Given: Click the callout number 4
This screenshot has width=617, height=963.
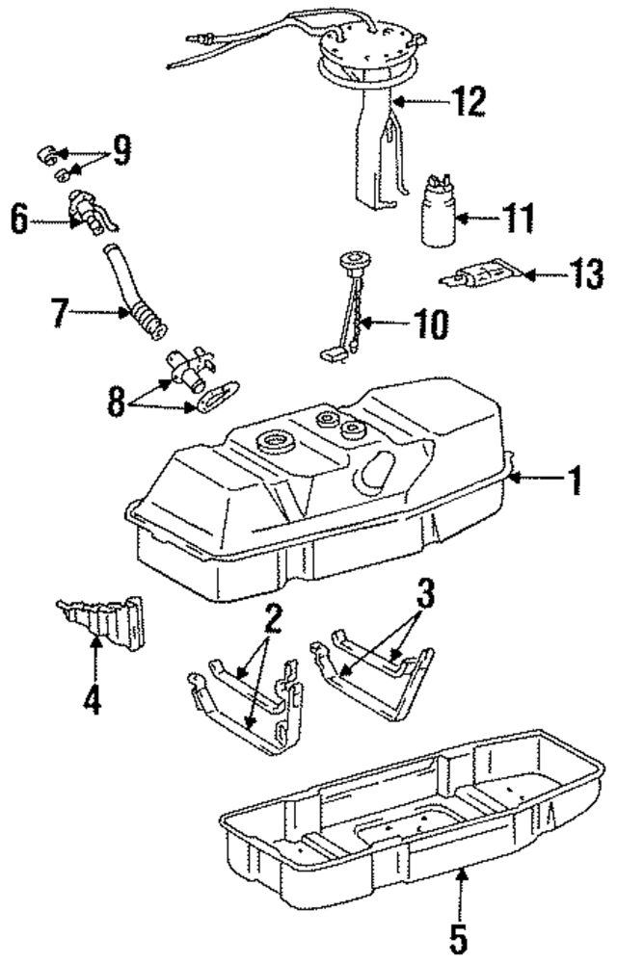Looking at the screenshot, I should (93, 699).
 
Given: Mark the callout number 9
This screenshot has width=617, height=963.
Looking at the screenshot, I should (121, 152).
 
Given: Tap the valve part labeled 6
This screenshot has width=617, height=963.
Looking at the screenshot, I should (87, 212).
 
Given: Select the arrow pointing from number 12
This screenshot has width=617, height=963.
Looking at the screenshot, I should (416, 100).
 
